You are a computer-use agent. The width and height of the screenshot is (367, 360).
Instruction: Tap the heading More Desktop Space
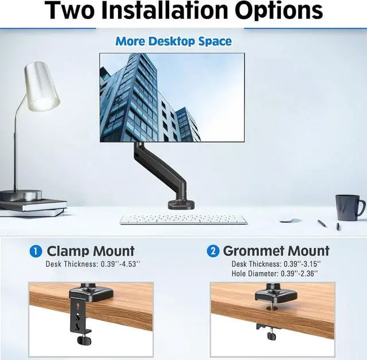[173, 41]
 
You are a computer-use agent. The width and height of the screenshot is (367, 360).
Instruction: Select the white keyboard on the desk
[183, 219]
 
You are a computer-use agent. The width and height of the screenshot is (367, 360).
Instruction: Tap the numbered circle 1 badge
[36, 251]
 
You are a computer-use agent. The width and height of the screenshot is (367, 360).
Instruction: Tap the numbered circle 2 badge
[213, 251]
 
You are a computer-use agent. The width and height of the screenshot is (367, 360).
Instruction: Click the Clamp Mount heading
[91, 251]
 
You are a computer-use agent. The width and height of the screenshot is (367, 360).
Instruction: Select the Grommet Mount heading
[276, 251]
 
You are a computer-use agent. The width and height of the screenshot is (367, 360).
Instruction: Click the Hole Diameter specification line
[276, 274]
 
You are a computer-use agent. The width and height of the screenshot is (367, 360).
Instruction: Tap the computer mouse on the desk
[290, 219]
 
